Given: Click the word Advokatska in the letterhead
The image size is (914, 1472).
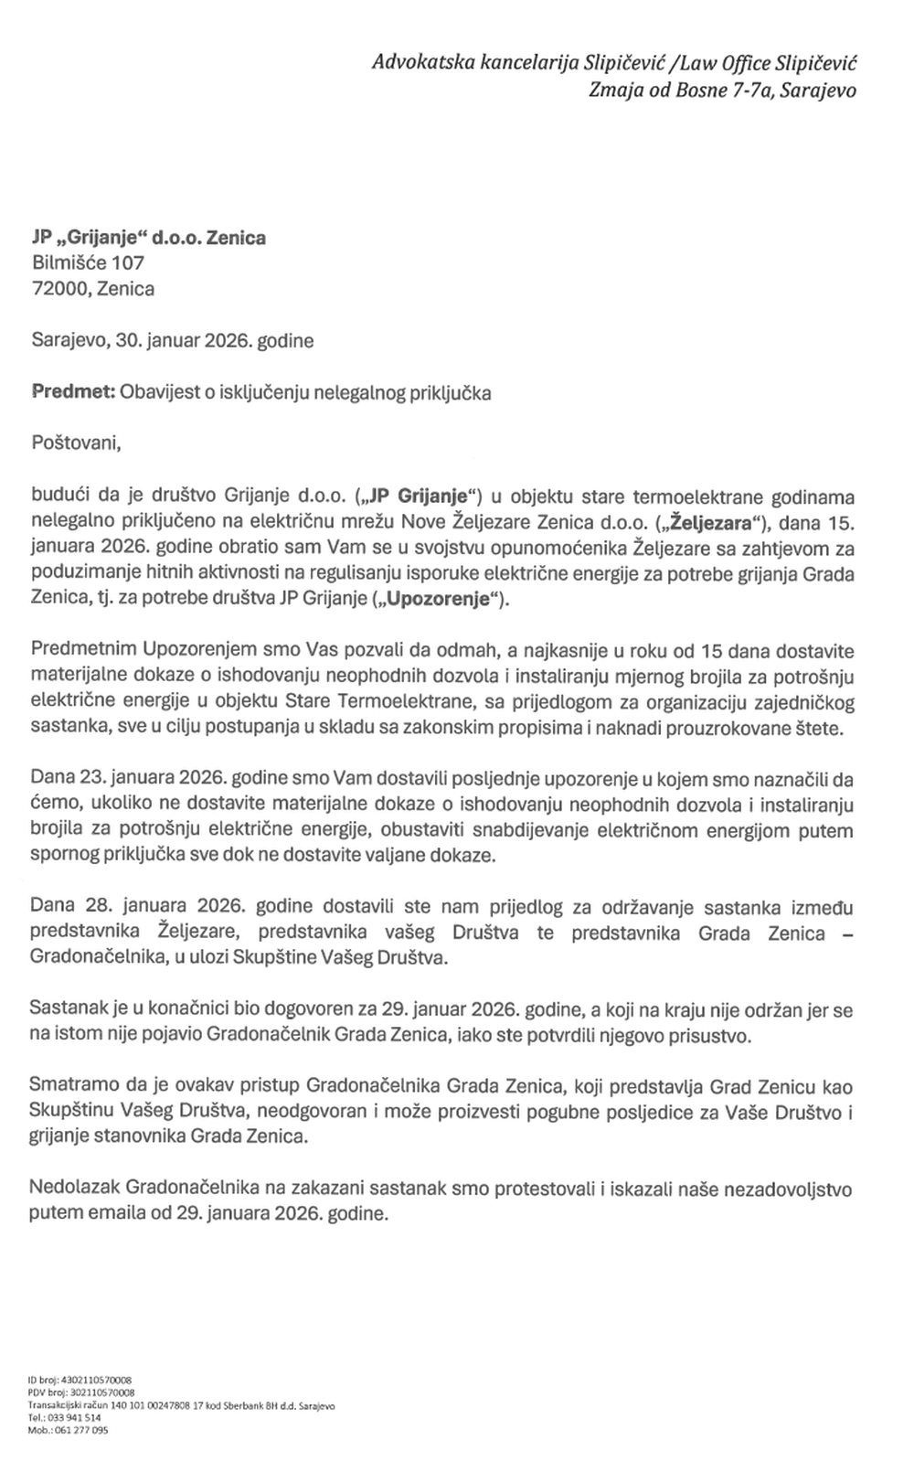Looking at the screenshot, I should (417, 63).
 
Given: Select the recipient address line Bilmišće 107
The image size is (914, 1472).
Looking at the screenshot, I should (88, 263).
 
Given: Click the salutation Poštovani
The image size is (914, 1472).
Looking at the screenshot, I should (76, 444).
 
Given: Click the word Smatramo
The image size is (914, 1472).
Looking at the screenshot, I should (74, 1087).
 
